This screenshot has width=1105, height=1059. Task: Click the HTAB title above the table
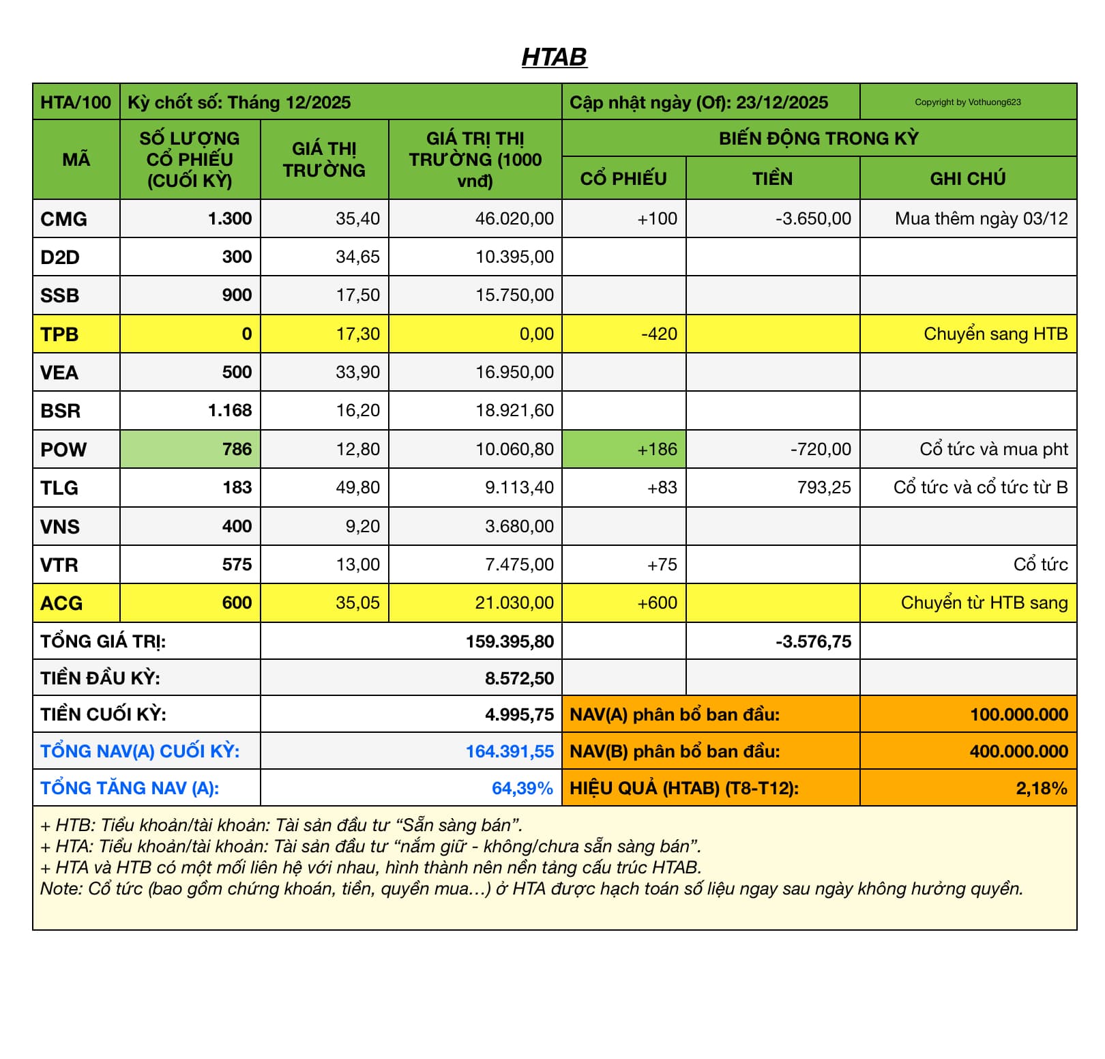554,57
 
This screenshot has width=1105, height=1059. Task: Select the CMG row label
63,219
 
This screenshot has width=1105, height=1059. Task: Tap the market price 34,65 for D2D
357,257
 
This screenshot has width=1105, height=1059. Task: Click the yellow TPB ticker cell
59,334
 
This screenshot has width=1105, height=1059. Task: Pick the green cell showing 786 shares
237,450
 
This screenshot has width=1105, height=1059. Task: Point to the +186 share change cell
657,450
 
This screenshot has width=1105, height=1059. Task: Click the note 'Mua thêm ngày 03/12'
981,219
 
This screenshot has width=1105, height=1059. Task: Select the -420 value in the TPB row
659,334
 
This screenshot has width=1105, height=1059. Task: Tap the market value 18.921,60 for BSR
514,411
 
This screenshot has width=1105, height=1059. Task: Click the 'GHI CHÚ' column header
967,179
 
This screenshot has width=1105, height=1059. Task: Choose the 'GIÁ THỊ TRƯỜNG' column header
324,160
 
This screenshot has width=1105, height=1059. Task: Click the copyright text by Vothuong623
967,102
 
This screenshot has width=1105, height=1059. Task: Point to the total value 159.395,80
510,642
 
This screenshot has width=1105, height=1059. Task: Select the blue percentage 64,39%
522,789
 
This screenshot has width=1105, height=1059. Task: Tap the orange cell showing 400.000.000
1018,752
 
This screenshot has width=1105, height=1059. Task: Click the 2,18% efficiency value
1041,789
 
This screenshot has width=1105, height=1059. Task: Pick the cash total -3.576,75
813,642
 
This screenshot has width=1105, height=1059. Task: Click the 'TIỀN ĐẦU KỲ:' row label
100,679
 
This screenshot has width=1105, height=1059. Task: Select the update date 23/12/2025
782,103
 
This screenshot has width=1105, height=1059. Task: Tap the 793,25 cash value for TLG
824,488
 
